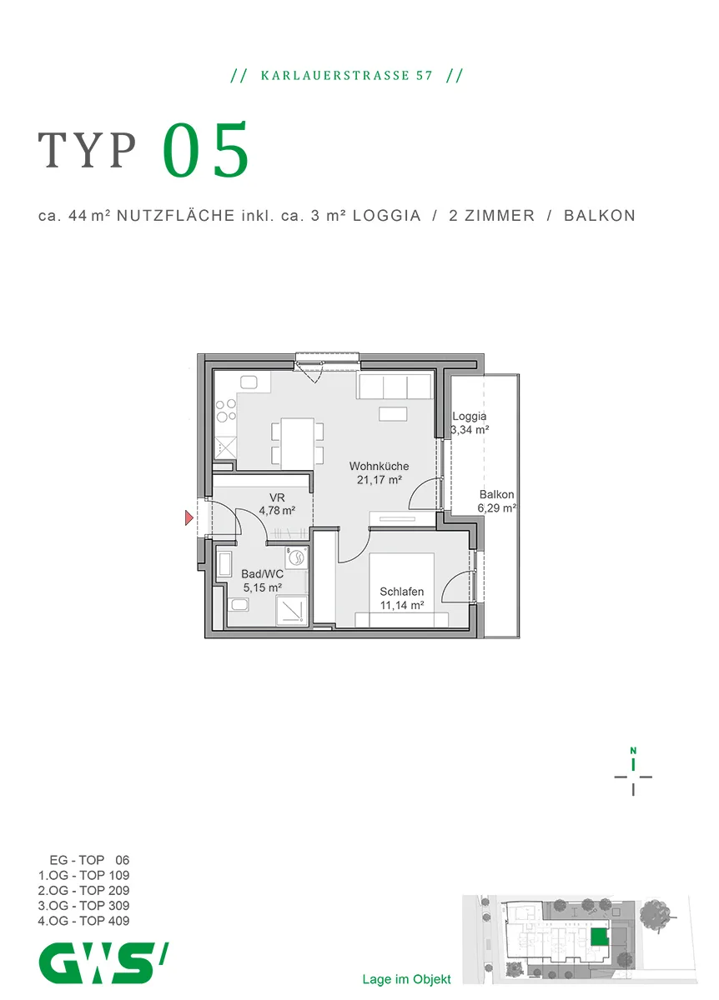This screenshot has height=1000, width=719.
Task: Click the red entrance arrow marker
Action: click(x=189, y=517)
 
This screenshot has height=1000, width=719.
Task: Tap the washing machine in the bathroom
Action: click(x=296, y=557)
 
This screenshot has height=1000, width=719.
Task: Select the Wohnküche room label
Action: click(x=379, y=466)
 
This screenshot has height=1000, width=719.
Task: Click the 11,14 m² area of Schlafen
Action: click(x=402, y=605)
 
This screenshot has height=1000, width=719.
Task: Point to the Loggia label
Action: click(x=470, y=417)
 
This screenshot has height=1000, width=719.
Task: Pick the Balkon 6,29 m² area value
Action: click(x=497, y=508)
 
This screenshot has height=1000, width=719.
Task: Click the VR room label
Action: click(x=277, y=497)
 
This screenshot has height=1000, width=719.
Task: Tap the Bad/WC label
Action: click(x=262, y=574)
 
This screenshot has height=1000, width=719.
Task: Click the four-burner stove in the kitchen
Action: click(x=226, y=410)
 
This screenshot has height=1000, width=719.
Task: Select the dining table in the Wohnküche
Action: click(x=297, y=442)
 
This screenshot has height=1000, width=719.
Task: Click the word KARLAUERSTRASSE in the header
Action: click(x=334, y=76)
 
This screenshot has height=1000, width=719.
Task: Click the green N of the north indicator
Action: click(x=633, y=751)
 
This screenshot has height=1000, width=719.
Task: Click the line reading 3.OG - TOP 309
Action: click(x=83, y=905)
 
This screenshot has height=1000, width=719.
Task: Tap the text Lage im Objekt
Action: click(x=407, y=979)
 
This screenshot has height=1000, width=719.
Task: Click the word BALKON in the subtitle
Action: click(x=599, y=216)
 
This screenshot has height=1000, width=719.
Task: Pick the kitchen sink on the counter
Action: click(x=249, y=382)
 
